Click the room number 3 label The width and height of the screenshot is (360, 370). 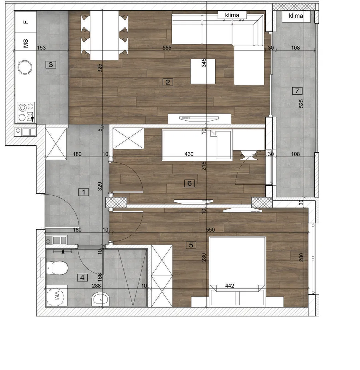pos(51,65)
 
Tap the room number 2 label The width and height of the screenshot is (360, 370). pos(168,82)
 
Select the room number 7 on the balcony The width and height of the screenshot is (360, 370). pos(297,90)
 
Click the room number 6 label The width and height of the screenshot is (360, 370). pos(190,183)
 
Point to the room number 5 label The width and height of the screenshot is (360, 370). pos(191,245)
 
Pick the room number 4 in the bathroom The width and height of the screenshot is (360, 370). pos(82,277)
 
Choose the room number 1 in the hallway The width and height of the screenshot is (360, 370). pos(83,192)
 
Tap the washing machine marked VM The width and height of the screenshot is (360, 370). pos(56,295)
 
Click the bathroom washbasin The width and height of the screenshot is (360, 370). pos(101,299)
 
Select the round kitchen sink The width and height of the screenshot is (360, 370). pos(25,67)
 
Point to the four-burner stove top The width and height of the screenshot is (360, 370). pos(26,112)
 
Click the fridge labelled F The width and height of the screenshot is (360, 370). pos(26,22)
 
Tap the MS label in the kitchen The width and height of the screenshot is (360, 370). pos(26,44)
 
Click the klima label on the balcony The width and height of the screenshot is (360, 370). pos(296,16)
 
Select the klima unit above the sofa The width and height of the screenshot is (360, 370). pos(232,15)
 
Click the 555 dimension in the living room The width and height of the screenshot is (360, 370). pos(167,48)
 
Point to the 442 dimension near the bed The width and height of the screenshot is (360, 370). pos(230,286)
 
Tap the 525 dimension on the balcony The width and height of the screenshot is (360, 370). pos(301,104)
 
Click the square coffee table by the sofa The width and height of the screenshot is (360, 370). pos(203,71)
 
